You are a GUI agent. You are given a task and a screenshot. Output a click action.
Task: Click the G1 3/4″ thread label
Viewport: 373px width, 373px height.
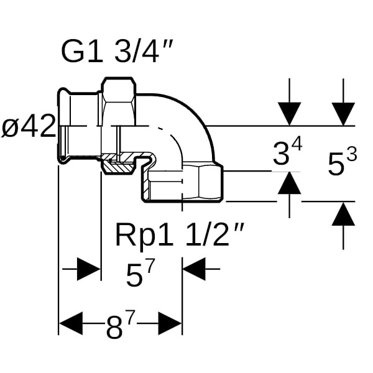coord(117,51)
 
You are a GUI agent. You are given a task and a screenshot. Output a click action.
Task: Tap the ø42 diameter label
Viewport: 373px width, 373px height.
coord(29,126)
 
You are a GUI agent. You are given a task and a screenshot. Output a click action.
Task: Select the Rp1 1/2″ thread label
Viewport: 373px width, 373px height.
coord(179,236)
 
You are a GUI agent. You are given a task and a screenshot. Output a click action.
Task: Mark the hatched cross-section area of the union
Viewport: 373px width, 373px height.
coord(117,165)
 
